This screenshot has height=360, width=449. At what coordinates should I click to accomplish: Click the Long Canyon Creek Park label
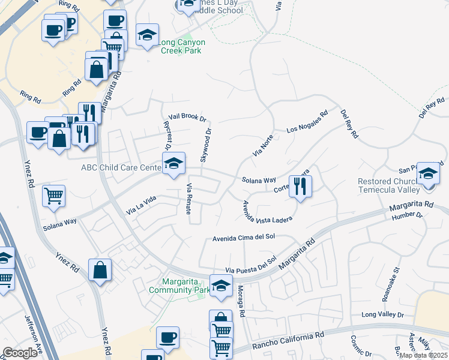coord(183,47)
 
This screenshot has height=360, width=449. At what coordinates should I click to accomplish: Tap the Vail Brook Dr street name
coord(187,118)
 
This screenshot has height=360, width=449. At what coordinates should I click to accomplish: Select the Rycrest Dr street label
coord(167,136)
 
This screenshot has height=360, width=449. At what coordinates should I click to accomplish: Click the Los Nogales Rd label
coord(307,121)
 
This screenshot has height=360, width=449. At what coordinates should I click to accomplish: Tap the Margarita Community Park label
coord(186,286)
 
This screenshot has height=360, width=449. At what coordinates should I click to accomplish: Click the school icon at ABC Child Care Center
coord(173,163)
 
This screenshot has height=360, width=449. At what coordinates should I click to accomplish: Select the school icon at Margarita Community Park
coord(220,286)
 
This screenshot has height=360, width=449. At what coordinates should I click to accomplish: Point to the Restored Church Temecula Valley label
coord(389,185)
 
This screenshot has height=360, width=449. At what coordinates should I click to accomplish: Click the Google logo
coord(20,353)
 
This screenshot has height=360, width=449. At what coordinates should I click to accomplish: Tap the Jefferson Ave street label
coord(33,336)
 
